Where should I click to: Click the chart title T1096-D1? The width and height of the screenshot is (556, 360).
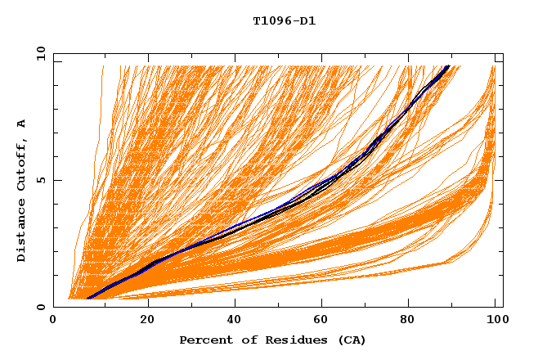click(x=285, y=20)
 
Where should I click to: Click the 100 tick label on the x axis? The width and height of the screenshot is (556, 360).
click(x=495, y=321)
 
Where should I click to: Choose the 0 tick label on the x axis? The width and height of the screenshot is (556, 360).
click(x=53, y=321)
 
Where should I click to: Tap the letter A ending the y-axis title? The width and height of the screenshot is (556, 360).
click(x=21, y=123)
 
